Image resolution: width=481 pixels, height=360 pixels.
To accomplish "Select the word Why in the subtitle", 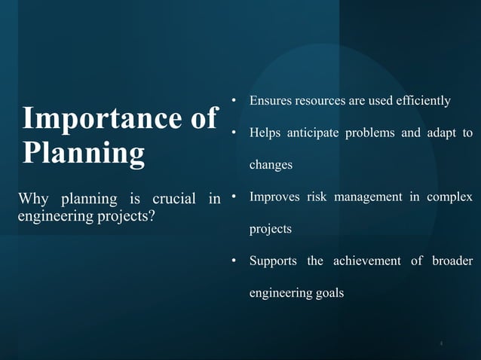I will click(x=35, y=199).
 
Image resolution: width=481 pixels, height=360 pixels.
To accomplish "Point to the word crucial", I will click(x=173, y=199).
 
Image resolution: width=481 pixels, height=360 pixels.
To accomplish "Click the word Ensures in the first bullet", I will click(x=272, y=101).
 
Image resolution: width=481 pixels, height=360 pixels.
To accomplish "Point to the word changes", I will click(x=271, y=165).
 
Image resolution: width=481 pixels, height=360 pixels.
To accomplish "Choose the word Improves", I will click(x=274, y=197).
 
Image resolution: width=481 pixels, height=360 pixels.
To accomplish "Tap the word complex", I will click(x=451, y=197).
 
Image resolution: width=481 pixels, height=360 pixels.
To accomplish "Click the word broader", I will click(x=452, y=261).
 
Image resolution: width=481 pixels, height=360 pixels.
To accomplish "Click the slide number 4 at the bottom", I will click(x=441, y=343).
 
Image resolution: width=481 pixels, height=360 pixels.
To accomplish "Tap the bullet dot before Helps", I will click(x=234, y=133).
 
